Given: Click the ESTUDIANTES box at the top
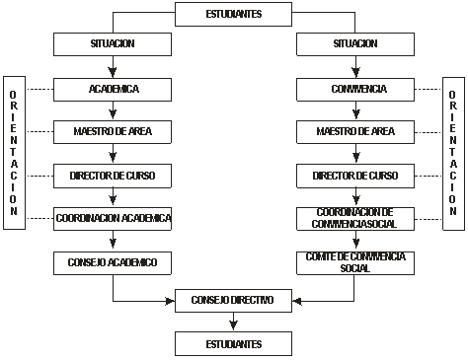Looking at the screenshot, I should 233,14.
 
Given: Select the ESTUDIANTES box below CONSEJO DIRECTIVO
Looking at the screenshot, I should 233,343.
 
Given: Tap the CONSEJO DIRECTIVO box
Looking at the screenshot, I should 233,300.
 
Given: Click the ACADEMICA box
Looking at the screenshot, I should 113,89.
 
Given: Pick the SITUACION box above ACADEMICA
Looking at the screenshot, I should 113,45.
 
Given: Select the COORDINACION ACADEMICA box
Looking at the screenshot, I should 113,218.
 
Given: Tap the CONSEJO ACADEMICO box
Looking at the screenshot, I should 113,261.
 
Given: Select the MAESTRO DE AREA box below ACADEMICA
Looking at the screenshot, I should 113,131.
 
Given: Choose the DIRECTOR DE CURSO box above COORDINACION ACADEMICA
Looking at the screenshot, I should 113,176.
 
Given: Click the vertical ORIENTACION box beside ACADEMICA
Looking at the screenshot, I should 14,152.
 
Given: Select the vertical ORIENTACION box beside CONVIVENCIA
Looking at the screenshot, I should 452,152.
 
